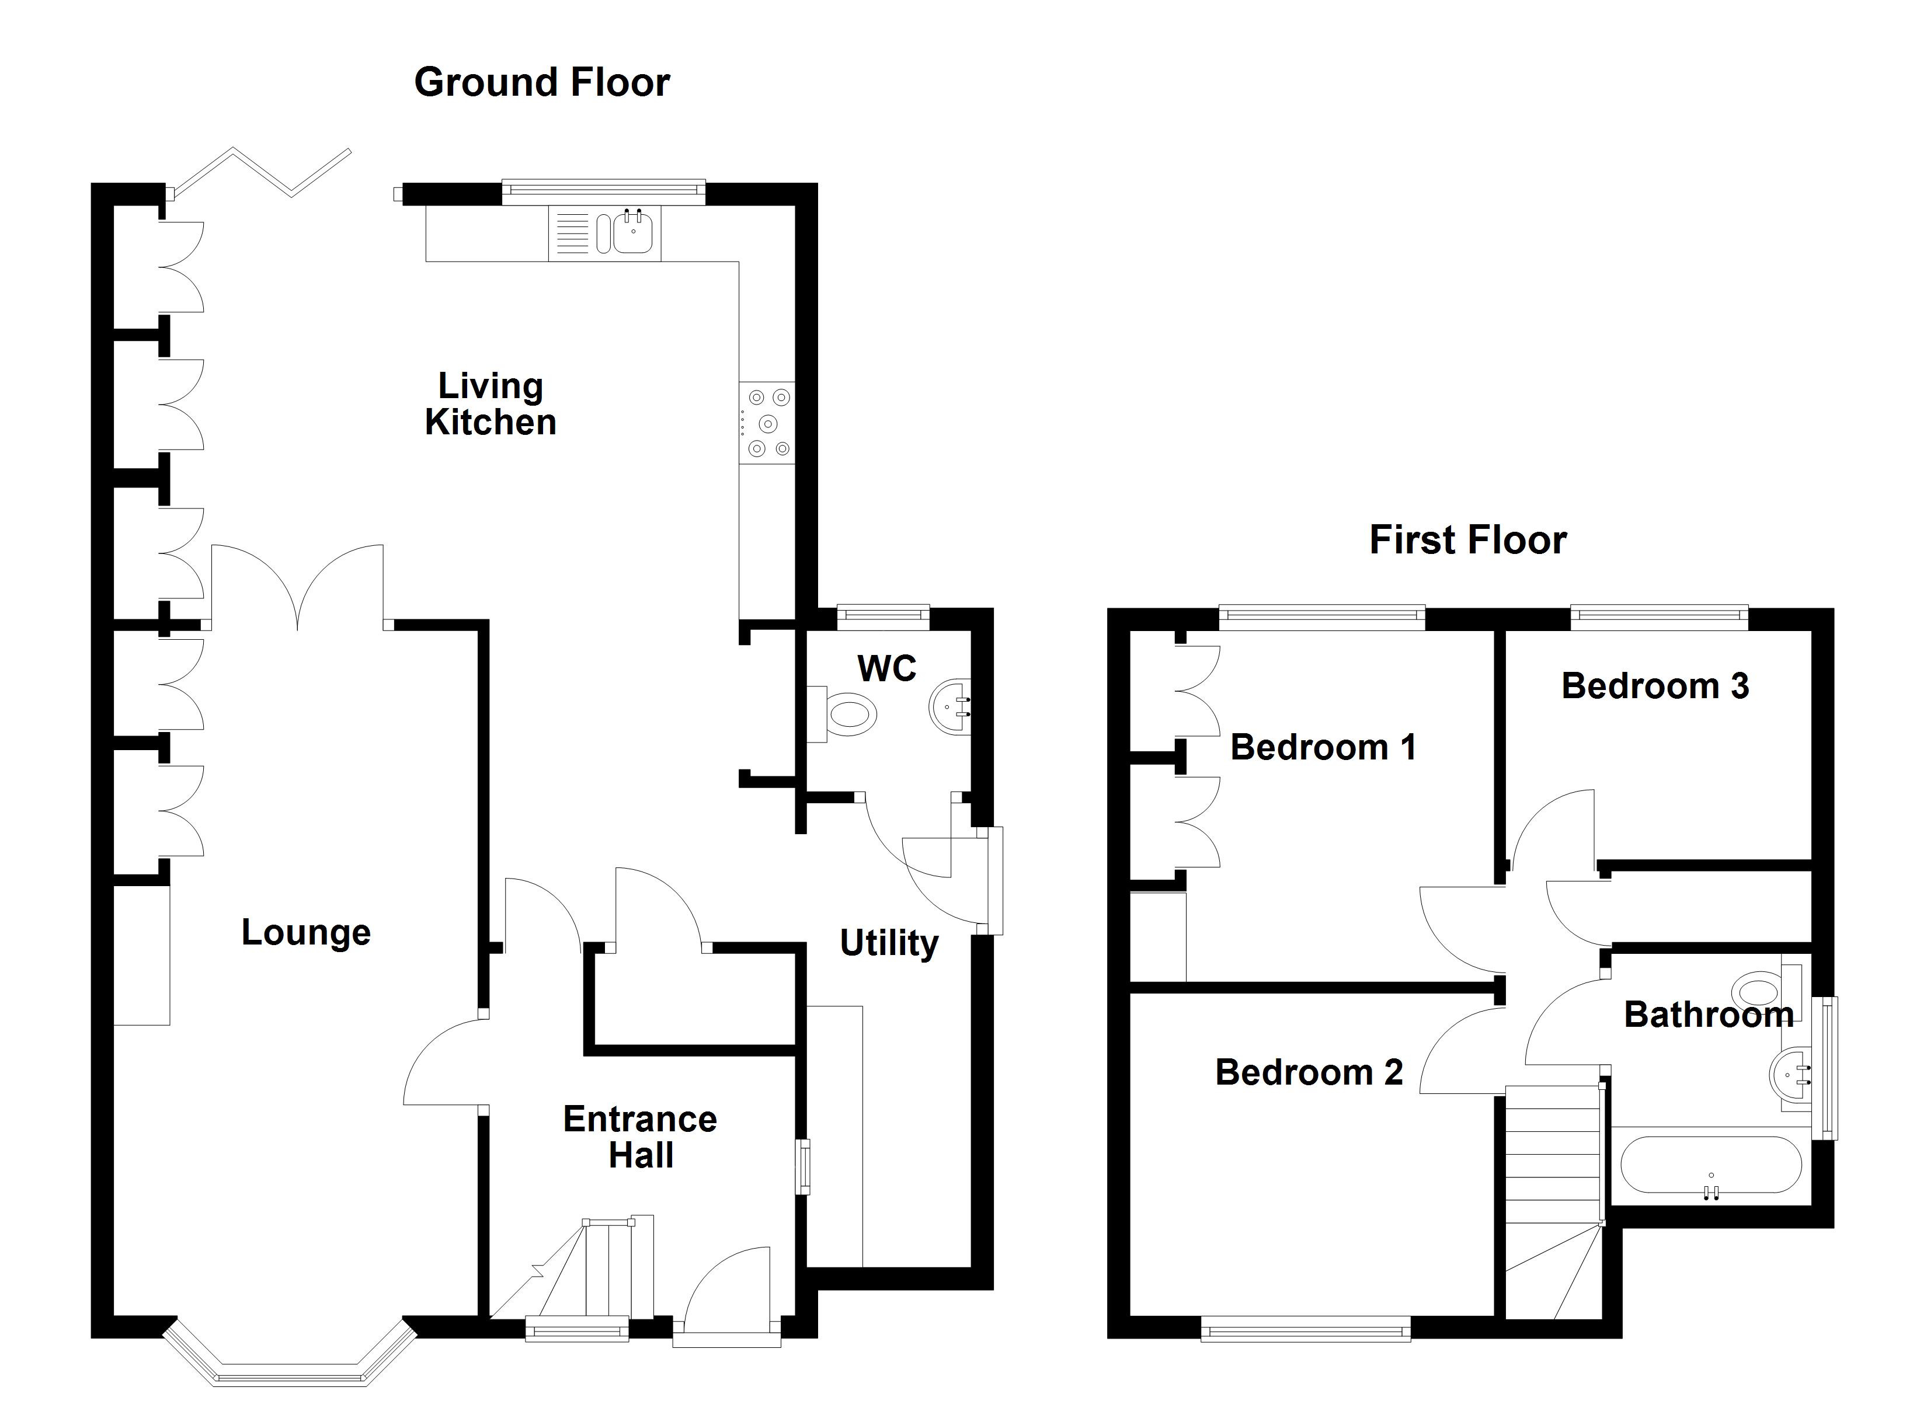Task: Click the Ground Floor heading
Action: [541, 82]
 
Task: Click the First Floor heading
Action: [1467, 541]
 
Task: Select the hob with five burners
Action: [768, 422]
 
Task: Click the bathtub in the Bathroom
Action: [1710, 1166]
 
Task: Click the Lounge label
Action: [306, 933]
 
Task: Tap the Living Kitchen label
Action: [491, 405]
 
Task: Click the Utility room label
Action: [889, 943]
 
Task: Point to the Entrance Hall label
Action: [640, 1137]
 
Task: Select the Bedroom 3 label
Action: [1654, 686]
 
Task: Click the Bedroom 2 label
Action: [1309, 1072]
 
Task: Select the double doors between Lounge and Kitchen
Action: [297, 586]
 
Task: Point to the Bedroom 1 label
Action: [1323, 747]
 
